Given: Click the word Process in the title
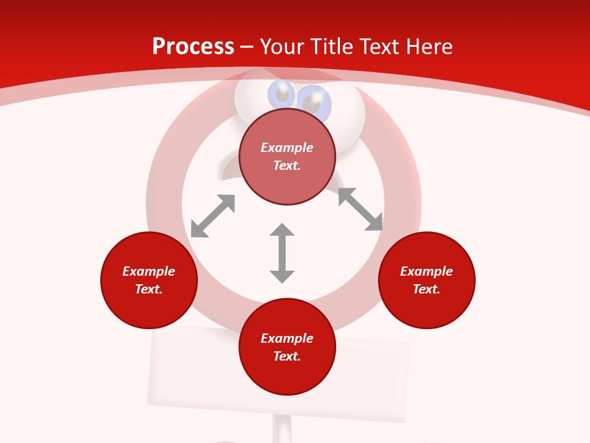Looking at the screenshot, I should (x=193, y=47).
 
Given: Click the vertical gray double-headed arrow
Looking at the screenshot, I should (x=282, y=253).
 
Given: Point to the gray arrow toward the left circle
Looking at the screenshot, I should (x=213, y=216).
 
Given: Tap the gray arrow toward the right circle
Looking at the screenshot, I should (x=360, y=209).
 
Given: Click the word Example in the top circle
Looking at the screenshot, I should (x=287, y=148).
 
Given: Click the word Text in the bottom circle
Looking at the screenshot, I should (x=287, y=356).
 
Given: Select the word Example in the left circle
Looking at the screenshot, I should (x=149, y=271).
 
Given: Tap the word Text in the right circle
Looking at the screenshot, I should (x=427, y=289).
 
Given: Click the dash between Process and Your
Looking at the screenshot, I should (x=247, y=47).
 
